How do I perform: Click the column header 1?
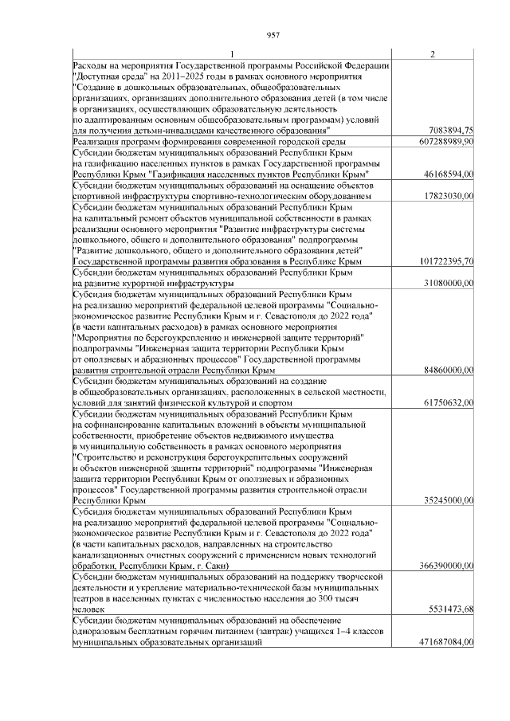point(232,54)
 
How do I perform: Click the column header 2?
point(432,54)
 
